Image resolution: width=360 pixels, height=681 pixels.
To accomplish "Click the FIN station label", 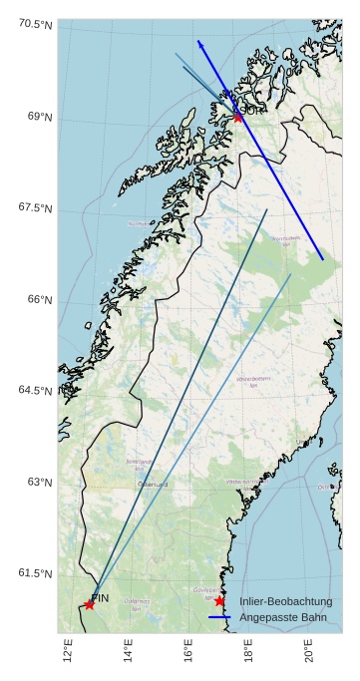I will [x=100, y=597].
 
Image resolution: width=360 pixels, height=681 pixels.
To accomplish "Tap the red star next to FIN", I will [x=89, y=604].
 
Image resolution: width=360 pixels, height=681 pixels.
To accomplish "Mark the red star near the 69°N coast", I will [x=238, y=118].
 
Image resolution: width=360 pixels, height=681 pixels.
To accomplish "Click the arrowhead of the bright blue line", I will [x=199, y=43].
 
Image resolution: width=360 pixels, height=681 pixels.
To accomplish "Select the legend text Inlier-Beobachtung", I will [x=286, y=601].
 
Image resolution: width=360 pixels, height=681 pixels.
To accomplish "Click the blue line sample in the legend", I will [x=219, y=618].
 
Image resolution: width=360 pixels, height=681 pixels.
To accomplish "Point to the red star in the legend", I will [x=219, y=601].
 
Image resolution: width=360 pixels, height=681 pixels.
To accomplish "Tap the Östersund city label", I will [x=153, y=485].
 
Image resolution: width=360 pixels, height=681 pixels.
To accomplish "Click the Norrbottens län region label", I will [x=286, y=240].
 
